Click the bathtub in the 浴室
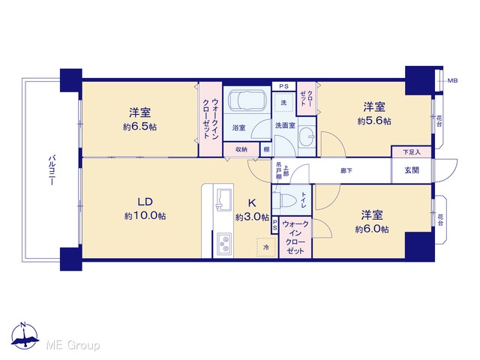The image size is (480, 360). [247, 100]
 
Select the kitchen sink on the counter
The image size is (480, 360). [223, 200]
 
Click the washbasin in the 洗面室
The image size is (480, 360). [307, 134]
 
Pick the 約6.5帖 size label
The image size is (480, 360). [139, 127]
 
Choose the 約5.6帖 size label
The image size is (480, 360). [374, 121]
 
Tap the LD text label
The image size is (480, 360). [145, 202]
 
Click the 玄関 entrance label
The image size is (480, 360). [412, 170]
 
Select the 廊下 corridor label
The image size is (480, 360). [346, 170]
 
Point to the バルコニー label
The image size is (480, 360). [52, 170]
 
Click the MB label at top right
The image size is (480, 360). [453, 81]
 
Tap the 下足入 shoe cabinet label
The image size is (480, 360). [412, 151]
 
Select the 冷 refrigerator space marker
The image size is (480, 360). [266, 247]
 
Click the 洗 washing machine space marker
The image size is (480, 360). [283, 103]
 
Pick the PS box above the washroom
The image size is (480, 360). [283, 86]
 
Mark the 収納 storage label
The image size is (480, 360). [241, 149]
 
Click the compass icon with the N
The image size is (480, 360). [25, 335]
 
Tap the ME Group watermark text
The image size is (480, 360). [73, 345]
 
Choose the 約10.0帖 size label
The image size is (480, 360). [145, 216]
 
